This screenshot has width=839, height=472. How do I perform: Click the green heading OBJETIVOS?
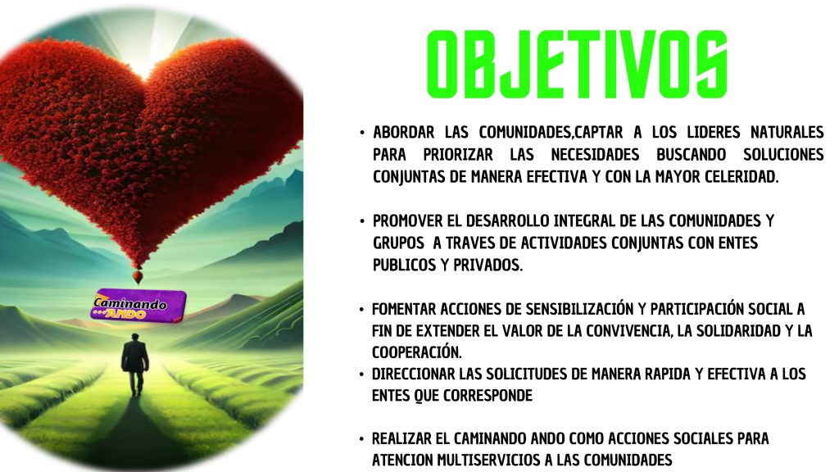point(577,64)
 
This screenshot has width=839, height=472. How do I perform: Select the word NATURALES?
point(787,132)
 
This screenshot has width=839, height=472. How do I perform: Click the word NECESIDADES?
point(595,155)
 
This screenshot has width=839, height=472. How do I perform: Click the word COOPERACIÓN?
point(416,352)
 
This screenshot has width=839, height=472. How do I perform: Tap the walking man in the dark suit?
point(135,364)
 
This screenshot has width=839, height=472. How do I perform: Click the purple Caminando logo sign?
point(138,306)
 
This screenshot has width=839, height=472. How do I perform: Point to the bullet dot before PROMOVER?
point(363,221)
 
